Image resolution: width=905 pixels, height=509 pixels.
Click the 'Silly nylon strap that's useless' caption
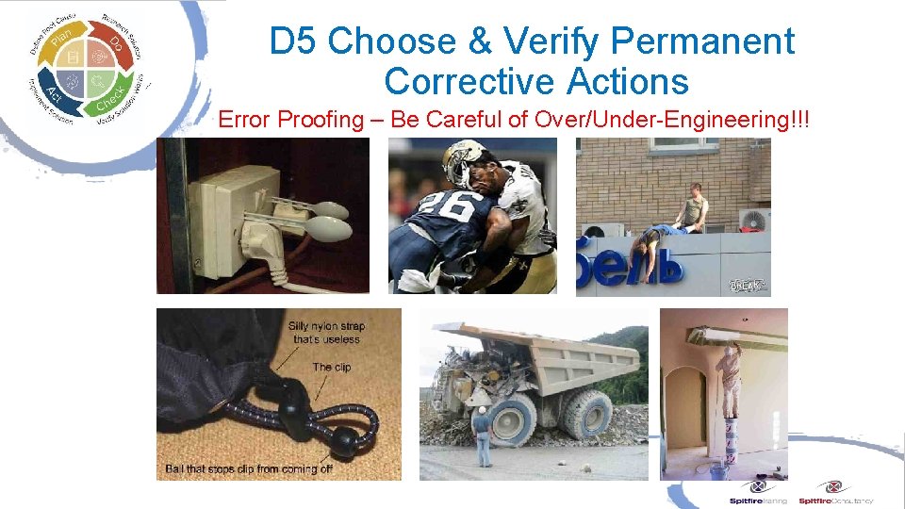pyautogui.click(x=326, y=332)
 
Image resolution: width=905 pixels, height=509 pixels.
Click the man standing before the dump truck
pyautogui.click(x=482, y=435)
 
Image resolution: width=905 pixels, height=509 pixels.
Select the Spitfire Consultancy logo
pyautogui.click(x=835, y=492)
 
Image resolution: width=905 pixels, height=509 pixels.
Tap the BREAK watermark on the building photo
pyautogui.click(x=747, y=285)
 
